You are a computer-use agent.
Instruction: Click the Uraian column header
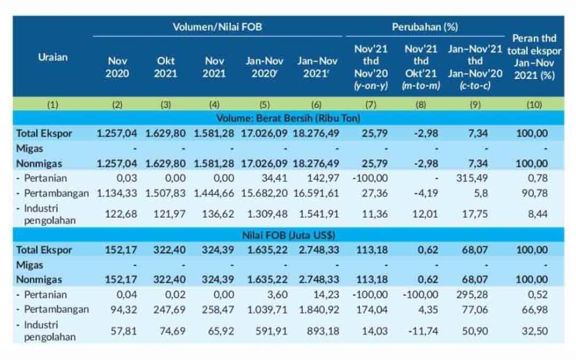[53, 57]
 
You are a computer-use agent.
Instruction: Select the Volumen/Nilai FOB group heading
[217, 27]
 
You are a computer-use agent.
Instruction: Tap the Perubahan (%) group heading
[425, 27]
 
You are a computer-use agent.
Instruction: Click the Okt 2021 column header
[165, 67]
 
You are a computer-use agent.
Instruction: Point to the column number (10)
[534, 105]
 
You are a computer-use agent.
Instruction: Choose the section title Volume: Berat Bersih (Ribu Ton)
[289, 118]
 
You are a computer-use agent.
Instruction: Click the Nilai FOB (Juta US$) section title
[289, 235]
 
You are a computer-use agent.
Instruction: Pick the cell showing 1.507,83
[165, 193]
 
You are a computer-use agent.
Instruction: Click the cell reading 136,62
[218, 214]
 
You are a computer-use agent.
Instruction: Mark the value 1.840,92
[319, 310]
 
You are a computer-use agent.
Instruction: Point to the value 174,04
[372, 310]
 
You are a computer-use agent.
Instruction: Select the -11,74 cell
[423, 331]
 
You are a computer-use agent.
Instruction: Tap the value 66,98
[535, 310]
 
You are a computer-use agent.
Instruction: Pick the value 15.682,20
[264, 193]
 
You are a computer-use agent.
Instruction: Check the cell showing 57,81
[124, 331]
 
